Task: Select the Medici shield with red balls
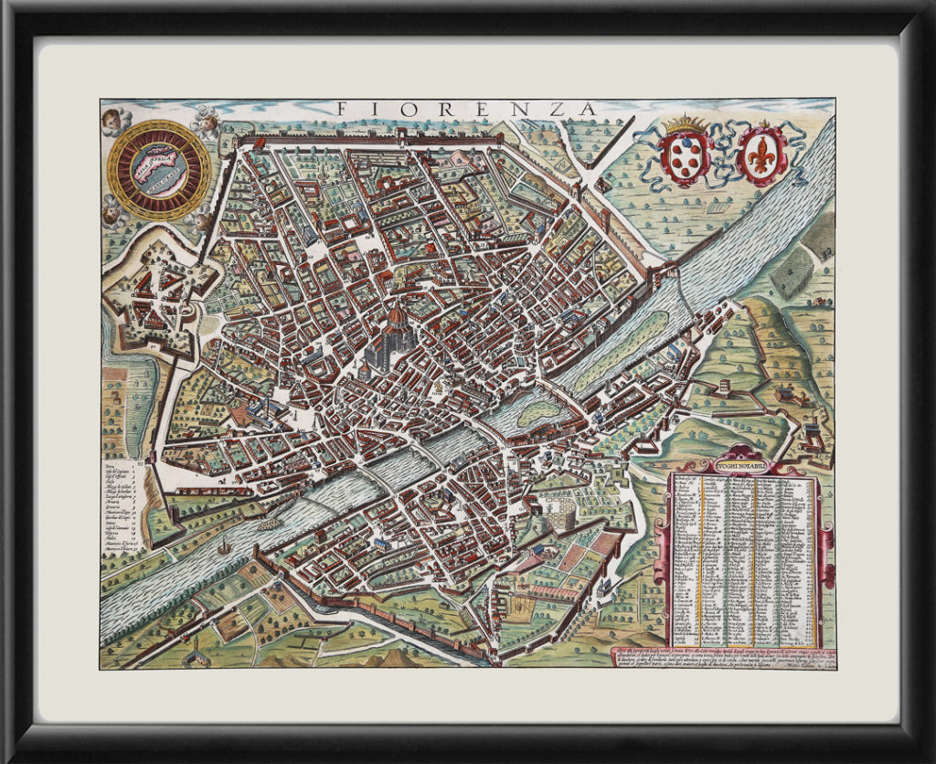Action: pos(686,156)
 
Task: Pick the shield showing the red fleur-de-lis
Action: pos(761,154)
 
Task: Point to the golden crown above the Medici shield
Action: pos(686,123)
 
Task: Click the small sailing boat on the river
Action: pos(223,547)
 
